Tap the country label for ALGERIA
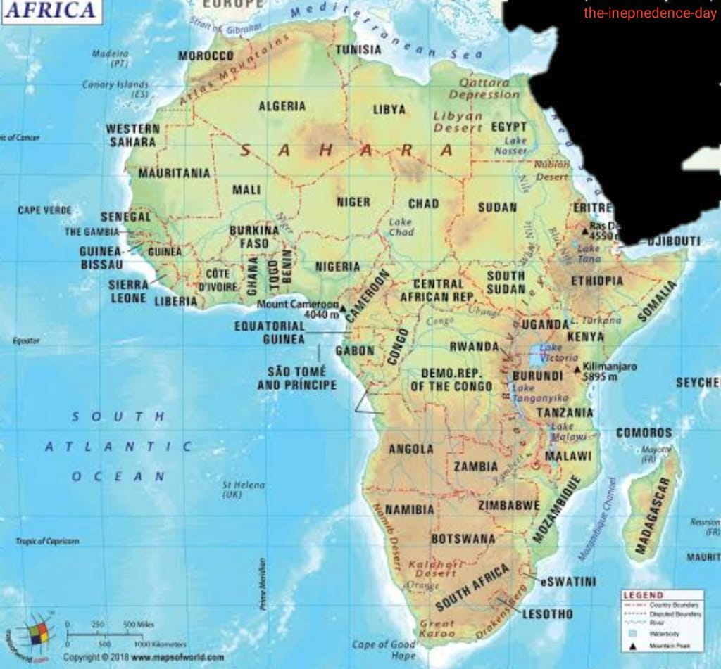pyautogui.click(x=282, y=106)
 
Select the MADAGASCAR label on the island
pyautogui.click(x=651, y=516)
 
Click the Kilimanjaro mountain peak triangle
pyautogui.click(x=577, y=369)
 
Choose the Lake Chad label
pyautogui.click(x=401, y=227)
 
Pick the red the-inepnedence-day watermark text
pyautogui.click(x=649, y=13)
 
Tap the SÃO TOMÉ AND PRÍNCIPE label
pyautogui.click(x=296, y=378)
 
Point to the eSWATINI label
pyautogui.click(x=568, y=582)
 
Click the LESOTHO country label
pyautogui.click(x=547, y=614)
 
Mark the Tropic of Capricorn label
pyautogui.click(x=47, y=541)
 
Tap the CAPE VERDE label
pyautogui.click(x=44, y=210)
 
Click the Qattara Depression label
pyautogui.click(x=484, y=89)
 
